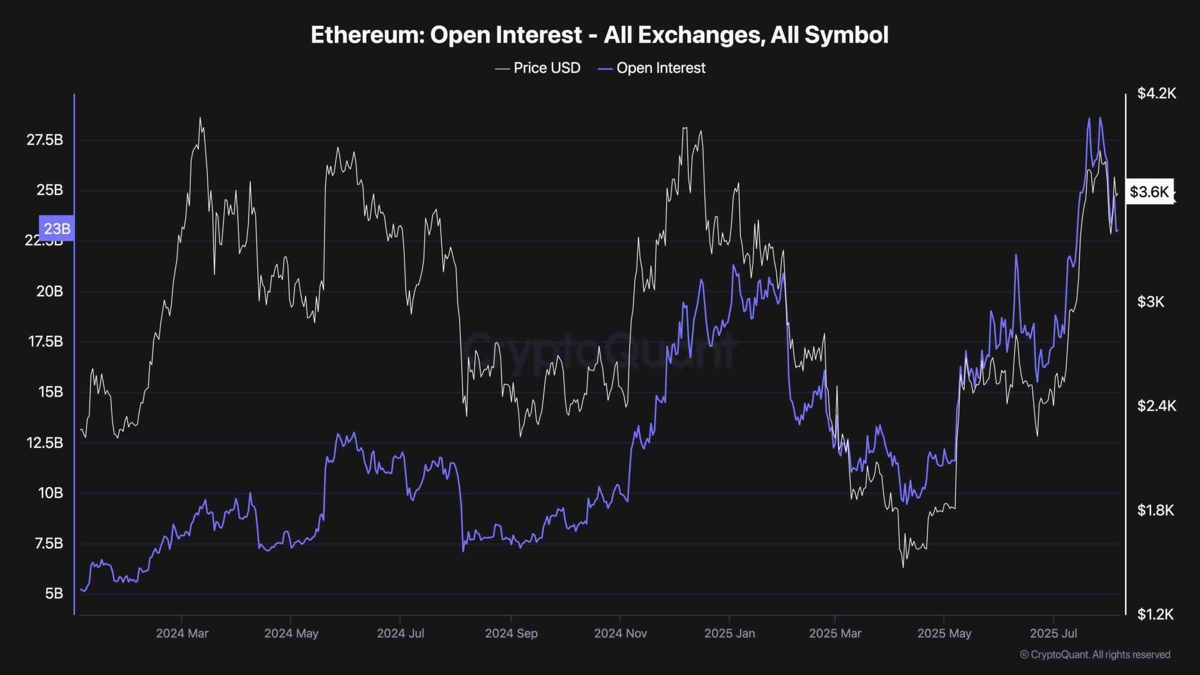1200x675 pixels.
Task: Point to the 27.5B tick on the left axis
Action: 45,140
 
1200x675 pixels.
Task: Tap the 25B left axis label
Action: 50,190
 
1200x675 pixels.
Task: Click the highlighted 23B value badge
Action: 57,228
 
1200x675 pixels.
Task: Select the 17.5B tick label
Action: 45,341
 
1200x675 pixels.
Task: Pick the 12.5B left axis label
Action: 45,442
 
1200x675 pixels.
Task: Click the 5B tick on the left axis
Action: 54,593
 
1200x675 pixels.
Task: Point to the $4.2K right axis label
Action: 1156,93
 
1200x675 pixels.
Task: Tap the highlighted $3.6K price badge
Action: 1149,191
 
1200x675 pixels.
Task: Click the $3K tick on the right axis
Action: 1150,301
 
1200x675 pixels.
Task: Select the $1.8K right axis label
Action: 1155,510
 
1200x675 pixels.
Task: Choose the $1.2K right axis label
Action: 1155,614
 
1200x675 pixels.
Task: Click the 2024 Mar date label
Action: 182,633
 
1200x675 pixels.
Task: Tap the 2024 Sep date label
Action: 511,633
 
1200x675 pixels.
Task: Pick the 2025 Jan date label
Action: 729,633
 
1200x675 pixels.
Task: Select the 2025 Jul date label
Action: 1053,633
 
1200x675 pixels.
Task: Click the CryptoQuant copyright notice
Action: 1095,654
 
